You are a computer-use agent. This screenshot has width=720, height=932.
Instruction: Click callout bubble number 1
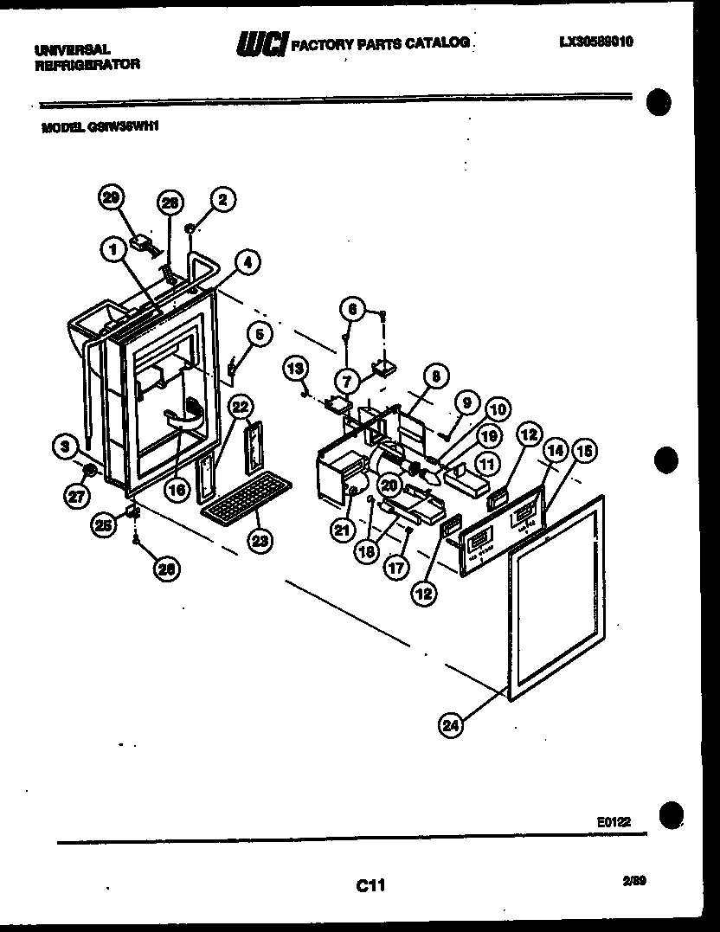click(112, 249)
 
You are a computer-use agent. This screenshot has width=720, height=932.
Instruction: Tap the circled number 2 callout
click(222, 200)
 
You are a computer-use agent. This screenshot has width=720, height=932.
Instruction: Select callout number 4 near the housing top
click(247, 260)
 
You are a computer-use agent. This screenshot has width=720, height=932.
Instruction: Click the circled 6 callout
click(351, 307)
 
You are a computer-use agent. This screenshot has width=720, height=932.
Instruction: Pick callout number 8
click(437, 376)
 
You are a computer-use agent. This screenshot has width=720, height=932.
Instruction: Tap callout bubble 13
click(296, 370)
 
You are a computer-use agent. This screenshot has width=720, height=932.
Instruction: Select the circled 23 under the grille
click(260, 541)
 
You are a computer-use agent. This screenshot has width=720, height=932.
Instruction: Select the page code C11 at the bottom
click(370, 885)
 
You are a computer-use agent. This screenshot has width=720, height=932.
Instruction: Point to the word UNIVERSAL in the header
click(72, 50)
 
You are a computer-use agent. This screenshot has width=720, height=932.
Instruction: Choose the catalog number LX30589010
click(597, 40)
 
